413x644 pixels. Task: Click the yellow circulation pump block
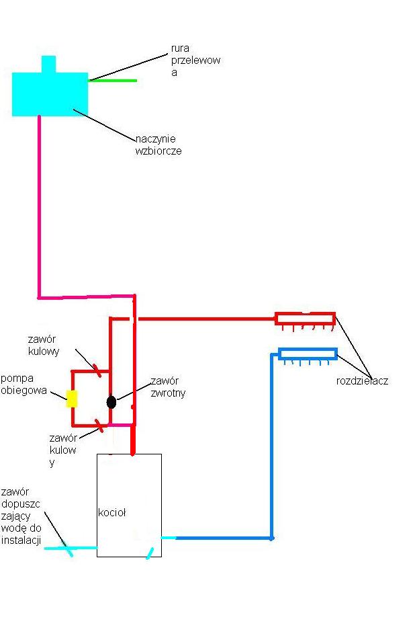click(72, 399)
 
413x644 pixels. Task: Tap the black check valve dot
click(111, 402)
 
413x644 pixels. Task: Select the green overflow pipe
click(112, 81)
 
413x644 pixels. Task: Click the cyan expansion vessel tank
click(50, 93)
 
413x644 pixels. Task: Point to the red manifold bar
click(305, 319)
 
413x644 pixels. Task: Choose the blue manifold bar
click(308, 354)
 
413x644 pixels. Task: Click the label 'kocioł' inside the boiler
click(112, 512)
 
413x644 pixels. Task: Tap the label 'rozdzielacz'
click(362, 381)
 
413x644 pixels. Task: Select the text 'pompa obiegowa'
click(24, 385)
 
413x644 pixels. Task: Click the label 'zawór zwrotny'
click(168, 387)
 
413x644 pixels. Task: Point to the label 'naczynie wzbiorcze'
click(158, 145)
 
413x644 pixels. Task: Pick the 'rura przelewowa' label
click(195, 61)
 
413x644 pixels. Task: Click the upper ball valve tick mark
click(97, 370)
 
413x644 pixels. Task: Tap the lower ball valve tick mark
click(99, 426)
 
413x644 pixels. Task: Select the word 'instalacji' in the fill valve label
click(21, 540)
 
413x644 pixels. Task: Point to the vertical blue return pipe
click(271, 446)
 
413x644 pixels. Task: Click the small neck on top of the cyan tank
click(49, 64)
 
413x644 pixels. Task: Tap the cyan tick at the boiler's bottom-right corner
click(150, 553)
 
